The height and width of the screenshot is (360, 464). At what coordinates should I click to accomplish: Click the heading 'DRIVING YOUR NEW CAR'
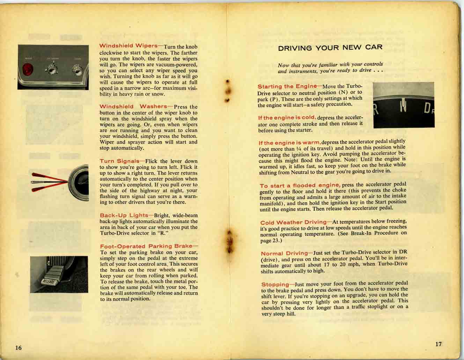pos(330,47)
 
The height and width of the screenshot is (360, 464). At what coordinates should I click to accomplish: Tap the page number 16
pos(19,347)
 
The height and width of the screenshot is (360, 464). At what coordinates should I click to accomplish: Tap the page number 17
pos(439,344)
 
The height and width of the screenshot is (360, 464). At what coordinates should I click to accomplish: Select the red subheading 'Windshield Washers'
pos(133,106)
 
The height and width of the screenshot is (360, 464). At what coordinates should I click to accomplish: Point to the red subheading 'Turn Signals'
pos(119,161)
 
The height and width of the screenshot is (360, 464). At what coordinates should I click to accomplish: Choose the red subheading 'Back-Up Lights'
pos(124,215)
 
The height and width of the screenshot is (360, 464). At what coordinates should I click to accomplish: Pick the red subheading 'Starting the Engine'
pos(287,86)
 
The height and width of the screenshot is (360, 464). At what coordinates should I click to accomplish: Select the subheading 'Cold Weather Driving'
pos(293,222)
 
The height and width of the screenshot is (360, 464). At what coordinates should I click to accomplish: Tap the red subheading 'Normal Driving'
pos(284,253)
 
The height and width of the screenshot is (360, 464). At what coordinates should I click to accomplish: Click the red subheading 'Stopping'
pos(275,284)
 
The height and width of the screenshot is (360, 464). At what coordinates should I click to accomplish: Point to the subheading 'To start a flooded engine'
pos(300,185)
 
